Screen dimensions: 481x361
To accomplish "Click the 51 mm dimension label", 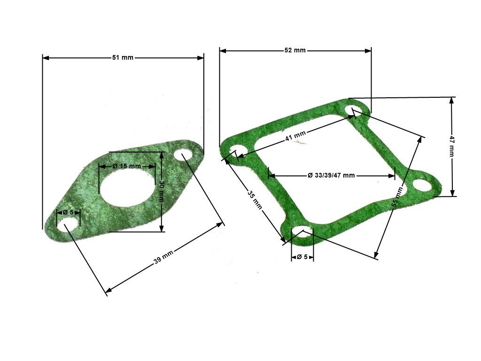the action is coord(123,57).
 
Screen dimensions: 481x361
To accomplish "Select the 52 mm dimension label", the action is coord(295,50).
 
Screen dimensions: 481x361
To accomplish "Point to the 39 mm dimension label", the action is coord(163,257).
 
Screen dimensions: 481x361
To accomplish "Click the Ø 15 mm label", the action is coord(127,166).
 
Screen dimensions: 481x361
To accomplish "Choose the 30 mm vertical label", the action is coord(162,191).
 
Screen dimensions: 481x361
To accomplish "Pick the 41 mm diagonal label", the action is coord(295,135).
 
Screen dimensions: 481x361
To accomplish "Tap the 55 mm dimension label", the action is coord(398,197).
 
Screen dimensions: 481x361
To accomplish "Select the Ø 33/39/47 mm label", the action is coord(331,175).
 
